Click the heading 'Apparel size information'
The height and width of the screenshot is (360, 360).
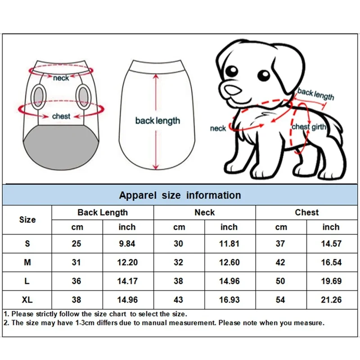click(x=180, y=195)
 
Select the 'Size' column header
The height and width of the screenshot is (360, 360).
click(x=27, y=220)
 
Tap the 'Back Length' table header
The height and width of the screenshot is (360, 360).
click(x=103, y=212)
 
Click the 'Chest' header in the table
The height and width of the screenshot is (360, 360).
click(x=306, y=212)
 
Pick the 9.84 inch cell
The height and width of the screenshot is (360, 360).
click(x=127, y=243)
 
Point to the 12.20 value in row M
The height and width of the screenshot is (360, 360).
click(x=127, y=262)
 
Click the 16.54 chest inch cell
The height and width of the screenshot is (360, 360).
click(x=331, y=262)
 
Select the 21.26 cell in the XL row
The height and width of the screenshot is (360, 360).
click(x=331, y=300)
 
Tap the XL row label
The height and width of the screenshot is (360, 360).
click(x=27, y=300)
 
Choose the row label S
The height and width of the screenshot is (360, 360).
click(x=27, y=243)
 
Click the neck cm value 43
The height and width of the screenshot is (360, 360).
click(x=179, y=300)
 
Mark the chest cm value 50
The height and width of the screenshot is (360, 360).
click(x=280, y=281)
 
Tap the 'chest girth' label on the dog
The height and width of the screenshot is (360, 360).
click(x=309, y=127)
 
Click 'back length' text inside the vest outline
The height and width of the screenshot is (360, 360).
click(x=157, y=121)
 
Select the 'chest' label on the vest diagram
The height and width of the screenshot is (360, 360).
click(x=61, y=116)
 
